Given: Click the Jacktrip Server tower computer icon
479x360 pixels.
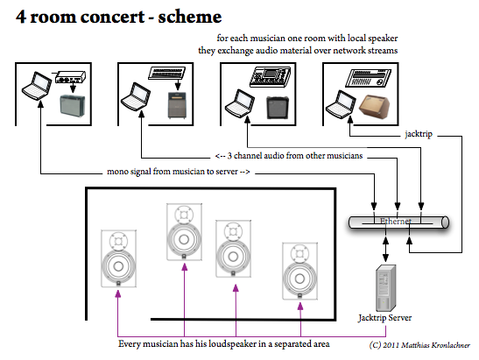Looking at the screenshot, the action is pos(386,288).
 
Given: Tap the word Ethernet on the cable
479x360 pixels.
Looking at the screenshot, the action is pos(396,221).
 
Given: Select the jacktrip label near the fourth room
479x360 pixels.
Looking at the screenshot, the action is pos(419,134).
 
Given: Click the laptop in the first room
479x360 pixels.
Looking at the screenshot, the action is pos(37,86).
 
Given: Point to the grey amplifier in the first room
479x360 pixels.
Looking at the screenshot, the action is pos(73,106).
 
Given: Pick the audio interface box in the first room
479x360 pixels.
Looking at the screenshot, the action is pos(70,77).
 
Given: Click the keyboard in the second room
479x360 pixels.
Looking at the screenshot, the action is pos(166,74).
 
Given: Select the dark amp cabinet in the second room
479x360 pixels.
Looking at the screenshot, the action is pos(177,105).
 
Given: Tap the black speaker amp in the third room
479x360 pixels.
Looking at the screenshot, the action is pos(278,108).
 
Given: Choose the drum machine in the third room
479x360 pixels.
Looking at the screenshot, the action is pos(270,77).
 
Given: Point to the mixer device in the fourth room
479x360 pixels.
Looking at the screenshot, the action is pos(368,78).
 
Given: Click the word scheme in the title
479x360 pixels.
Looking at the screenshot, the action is pos(190,17).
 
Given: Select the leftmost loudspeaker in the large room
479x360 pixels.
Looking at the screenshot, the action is pos(118,258).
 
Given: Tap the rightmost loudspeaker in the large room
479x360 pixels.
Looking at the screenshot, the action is pos(299,272).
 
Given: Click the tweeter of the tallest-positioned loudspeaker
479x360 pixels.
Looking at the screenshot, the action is pos(184,215).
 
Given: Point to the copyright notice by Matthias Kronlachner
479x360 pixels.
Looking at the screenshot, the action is pos(419,345).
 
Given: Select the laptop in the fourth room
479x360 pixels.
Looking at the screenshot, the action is pos(341,104).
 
